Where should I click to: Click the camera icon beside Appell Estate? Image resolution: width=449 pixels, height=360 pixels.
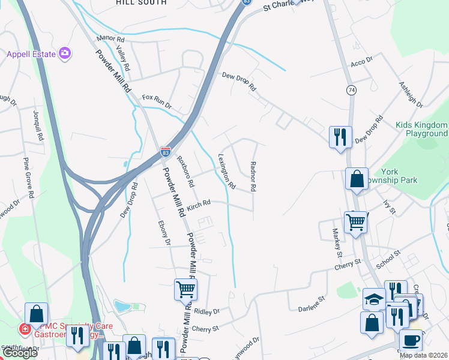click(x=65, y=54)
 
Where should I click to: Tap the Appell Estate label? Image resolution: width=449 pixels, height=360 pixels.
click(x=31, y=54)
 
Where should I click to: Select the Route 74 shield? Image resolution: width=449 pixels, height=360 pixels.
click(x=350, y=89)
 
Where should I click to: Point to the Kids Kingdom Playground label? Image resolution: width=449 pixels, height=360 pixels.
click(x=421, y=130)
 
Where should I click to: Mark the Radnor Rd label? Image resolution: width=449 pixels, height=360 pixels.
click(x=253, y=176)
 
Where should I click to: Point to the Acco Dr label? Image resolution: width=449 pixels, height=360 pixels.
click(x=362, y=61)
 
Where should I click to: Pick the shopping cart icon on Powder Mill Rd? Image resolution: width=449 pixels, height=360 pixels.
click(x=185, y=290)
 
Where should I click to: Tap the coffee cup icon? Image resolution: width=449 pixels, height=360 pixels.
click(x=411, y=340)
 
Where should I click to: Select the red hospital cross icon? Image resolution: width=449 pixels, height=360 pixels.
click(x=25, y=329)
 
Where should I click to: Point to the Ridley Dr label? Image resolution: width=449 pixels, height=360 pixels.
click(x=208, y=311)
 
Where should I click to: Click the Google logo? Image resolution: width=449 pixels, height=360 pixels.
click(x=20, y=353)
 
